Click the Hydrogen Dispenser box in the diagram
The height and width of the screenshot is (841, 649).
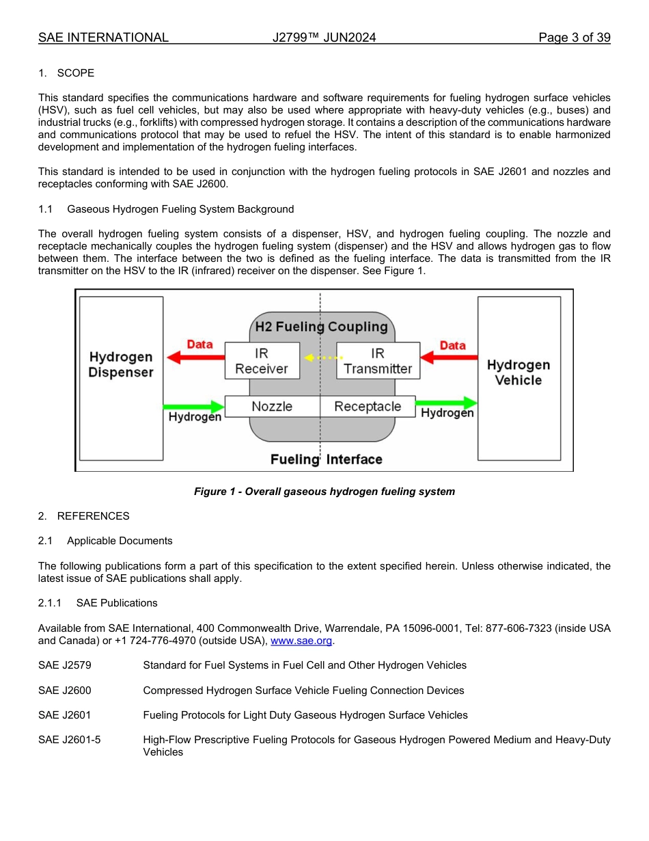[x=121, y=378]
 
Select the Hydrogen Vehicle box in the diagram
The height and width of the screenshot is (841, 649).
[x=519, y=378]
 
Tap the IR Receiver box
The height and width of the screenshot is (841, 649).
[x=262, y=361]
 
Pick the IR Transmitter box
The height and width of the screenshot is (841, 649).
[x=378, y=361]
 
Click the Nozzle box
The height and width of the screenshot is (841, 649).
[x=272, y=407]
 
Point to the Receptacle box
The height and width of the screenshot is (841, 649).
[x=368, y=407]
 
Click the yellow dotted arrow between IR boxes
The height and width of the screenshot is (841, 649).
[x=323, y=358]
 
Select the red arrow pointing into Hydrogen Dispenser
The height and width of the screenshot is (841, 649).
[x=196, y=358]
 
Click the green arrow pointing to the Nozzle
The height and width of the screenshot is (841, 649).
[x=193, y=406]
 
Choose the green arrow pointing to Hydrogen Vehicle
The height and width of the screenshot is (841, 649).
[x=446, y=403]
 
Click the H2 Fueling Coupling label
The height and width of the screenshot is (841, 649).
[x=321, y=327]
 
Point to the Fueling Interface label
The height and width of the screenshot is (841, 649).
[x=326, y=459]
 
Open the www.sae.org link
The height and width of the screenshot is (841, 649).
[x=301, y=641]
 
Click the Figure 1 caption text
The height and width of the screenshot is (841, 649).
[x=324, y=492]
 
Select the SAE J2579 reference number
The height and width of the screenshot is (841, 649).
[x=65, y=665]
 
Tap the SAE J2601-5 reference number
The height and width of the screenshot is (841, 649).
[x=70, y=740]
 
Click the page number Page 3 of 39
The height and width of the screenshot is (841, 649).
[x=574, y=38]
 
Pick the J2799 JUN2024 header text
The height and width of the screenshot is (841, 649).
[x=324, y=38]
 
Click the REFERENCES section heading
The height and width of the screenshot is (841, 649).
[x=93, y=516]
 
